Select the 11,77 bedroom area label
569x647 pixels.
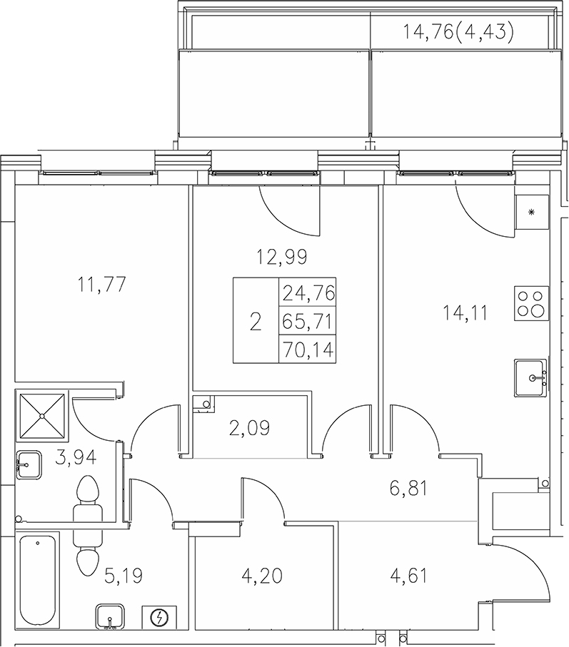pos(101,285)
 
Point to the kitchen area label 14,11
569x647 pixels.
pos(465,312)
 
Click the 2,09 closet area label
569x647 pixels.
pos(248,428)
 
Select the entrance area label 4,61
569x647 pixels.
pos(408,575)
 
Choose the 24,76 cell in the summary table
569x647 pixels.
pos(308,292)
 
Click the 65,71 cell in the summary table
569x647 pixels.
pos(308,321)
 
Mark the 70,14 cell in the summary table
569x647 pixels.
pos(308,349)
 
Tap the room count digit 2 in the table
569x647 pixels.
pos(255,321)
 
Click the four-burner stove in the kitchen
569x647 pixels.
pos(531,302)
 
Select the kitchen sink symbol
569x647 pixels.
pos(531,378)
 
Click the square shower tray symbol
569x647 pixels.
pos(41,415)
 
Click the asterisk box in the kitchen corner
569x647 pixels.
pos(530,211)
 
